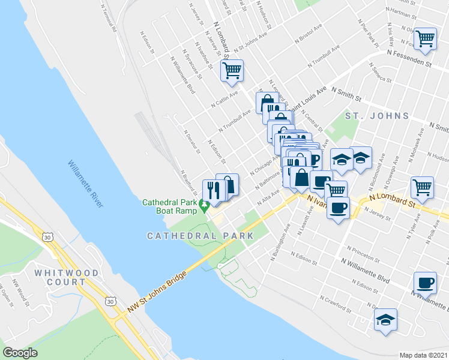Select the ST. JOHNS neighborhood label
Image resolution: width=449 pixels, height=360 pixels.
click(x=376, y=116)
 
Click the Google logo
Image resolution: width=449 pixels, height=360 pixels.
click(x=20, y=353)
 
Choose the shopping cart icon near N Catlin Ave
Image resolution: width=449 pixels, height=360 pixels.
click(x=232, y=70)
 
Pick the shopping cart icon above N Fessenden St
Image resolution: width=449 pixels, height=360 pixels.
click(x=425, y=38)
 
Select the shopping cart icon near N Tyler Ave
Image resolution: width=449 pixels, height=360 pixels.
click(x=422, y=187)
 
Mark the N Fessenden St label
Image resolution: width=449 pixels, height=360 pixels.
click(x=409, y=58)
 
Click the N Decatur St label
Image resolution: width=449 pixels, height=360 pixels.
click(x=191, y=142)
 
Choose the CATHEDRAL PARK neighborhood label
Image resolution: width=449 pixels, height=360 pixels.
click(x=200, y=236)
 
